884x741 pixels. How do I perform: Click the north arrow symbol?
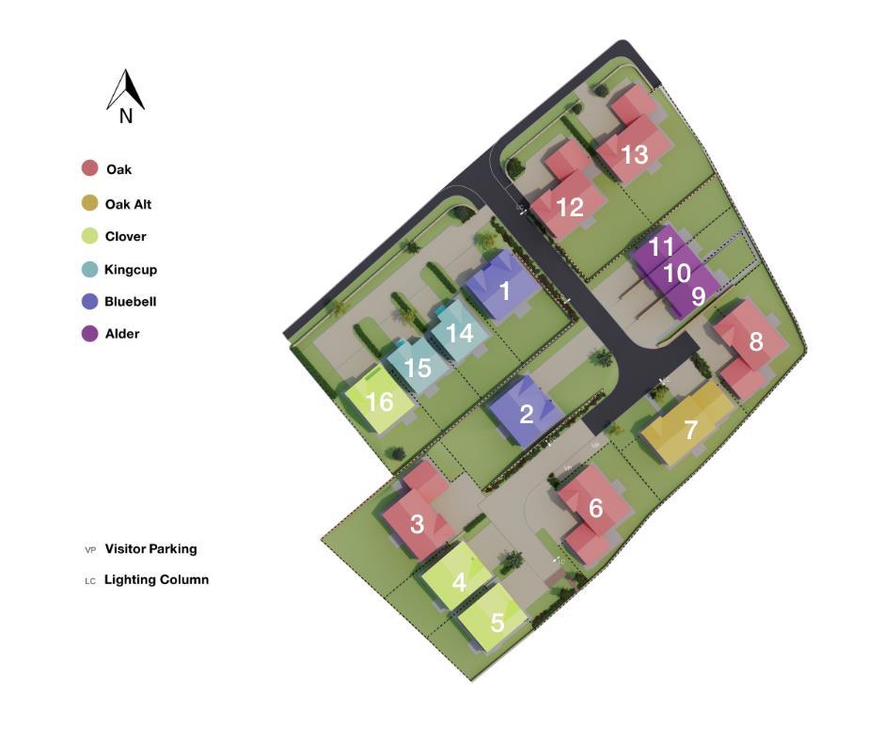tap(125, 91)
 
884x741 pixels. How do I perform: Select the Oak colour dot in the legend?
tap(89, 169)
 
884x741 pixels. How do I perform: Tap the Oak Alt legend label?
tap(128, 204)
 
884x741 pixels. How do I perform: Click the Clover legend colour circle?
tap(89, 236)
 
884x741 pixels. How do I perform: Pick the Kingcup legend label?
tap(131, 270)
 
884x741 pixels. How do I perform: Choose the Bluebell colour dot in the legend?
tap(89, 302)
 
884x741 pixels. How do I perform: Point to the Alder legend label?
tap(122, 334)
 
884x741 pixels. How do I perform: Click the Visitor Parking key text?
tap(150, 549)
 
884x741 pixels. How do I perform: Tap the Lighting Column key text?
tap(156, 580)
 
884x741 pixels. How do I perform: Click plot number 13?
tap(635, 153)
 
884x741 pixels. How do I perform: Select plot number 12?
tap(570, 207)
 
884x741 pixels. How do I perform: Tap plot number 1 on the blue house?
tap(505, 291)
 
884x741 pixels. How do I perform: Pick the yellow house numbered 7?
tap(691, 430)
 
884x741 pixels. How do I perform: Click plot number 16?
tap(379, 402)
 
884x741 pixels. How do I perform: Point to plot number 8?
tap(756, 341)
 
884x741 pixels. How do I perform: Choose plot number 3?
tap(417, 523)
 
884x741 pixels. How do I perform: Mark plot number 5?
tap(497, 622)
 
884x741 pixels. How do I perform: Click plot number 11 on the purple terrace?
tap(661, 247)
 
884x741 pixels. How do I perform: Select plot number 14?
tap(459, 333)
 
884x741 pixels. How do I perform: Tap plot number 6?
tap(595, 508)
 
